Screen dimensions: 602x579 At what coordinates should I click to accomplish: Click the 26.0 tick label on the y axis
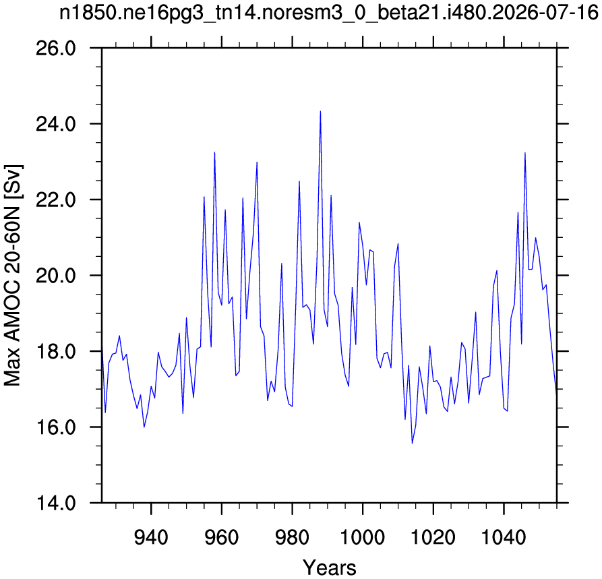[x=56, y=49]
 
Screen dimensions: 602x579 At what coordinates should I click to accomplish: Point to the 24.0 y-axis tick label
[x=56, y=125]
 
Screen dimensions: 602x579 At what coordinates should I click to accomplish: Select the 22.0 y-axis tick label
[x=56, y=200]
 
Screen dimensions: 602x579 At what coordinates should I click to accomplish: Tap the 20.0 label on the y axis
[x=56, y=276]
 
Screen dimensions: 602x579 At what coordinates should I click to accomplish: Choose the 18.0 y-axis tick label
[x=56, y=352]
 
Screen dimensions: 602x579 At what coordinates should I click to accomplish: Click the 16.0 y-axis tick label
[x=56, y=427]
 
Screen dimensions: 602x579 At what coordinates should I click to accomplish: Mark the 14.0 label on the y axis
[x=56, y=503]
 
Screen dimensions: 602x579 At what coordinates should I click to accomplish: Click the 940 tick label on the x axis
[x=151, y=537]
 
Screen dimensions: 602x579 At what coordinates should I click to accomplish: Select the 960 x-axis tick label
[x=222, y=537]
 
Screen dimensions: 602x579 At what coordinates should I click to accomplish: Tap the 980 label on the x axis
[x=292, y=537]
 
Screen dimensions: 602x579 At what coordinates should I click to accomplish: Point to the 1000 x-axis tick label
[x=363, y=537]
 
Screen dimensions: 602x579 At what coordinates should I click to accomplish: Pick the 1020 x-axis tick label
[x=433, y=537]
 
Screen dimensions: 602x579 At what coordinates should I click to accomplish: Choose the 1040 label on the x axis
[x=504, y=537]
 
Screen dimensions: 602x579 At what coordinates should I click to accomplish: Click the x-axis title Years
[x=330, y=568]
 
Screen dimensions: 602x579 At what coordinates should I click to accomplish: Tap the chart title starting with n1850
[x=329, y=14]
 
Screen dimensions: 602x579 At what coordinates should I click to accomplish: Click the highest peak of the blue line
[x=321, y=111]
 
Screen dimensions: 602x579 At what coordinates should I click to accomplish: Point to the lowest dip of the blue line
[x=413, y=443]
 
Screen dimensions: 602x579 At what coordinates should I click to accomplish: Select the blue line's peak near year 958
[x=214, y=152]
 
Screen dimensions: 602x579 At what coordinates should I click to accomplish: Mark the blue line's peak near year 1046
[x=525, y=153]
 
